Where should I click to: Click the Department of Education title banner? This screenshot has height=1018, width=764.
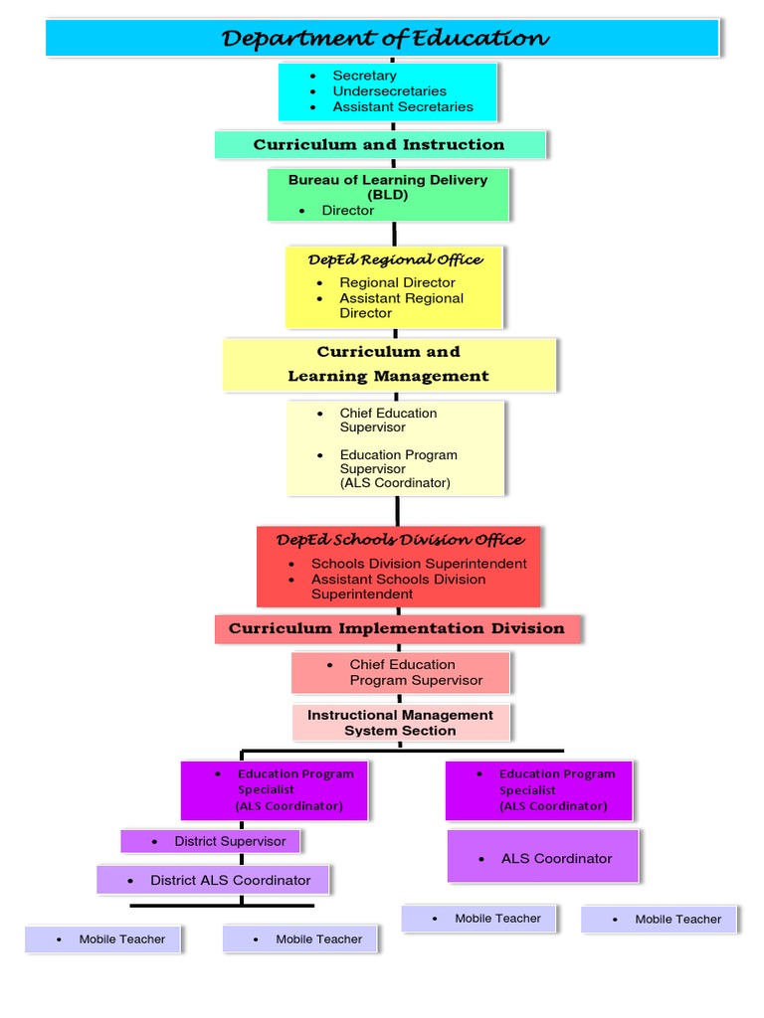coord(383,39)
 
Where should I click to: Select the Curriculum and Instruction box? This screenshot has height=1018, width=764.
coord(379,145)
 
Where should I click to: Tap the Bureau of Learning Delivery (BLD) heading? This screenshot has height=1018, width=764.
coord(388,187)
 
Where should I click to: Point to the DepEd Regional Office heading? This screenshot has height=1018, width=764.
coord(395,259)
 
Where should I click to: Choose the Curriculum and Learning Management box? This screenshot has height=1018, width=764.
coord(389,364)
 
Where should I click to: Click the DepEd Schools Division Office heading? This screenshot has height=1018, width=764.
coord(400,540)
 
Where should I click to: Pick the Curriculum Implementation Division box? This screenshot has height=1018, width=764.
coord(397,628)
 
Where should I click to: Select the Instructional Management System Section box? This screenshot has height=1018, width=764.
coord(401,723)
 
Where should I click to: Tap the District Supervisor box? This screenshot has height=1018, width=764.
coord(210,841)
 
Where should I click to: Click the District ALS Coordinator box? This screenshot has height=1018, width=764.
coord(212,880)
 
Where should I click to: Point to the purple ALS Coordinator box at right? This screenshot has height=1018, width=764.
coord(543,858)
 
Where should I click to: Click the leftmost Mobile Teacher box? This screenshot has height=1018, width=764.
coord(102,939)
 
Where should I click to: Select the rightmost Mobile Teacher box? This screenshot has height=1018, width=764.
coord(660,920)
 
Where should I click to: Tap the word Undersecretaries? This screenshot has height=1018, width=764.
coord(389,91)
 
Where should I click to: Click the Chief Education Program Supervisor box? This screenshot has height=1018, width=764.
coord(401,673)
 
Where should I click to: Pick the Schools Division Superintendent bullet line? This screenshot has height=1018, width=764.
coord(419,564)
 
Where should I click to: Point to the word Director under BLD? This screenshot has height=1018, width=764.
coord(347,211)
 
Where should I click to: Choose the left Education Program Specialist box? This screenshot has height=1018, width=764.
coord(275,789)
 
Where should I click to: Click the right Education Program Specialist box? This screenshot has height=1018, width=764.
coord(539,789)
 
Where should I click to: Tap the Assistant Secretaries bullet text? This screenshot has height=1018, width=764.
coord(403,107)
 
